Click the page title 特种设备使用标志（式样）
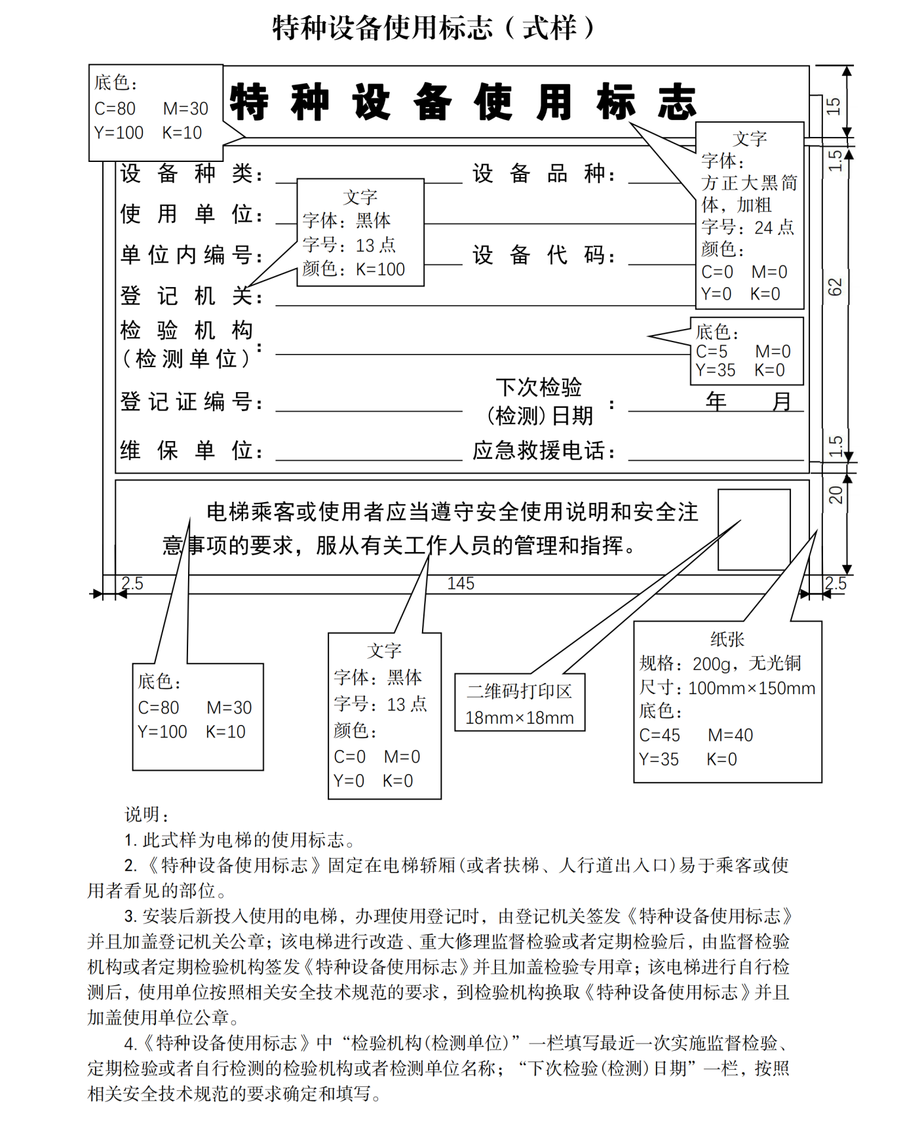[x=433, y=28]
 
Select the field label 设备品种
[x=544, y=174]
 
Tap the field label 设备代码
[x=544, y=255]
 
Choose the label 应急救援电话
[x=544, y=451]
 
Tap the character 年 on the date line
[x=716, y=401]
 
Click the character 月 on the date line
[x=781, y=401]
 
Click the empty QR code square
[x=754, y=530]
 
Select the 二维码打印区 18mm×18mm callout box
[x=519, y=703]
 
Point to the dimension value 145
[x=461, y=583]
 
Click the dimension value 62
[x=834, y=287]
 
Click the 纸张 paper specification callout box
[x=727, y=701]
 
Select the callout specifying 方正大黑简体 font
[x=749, y=215]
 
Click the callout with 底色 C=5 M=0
[x=746, y=351]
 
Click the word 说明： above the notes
[x=147, y=815]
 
